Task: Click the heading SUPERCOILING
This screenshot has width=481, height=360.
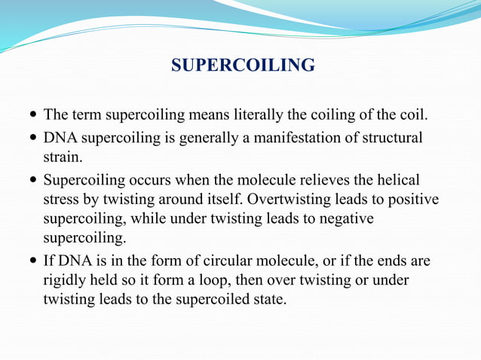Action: click(x=243, y=66)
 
